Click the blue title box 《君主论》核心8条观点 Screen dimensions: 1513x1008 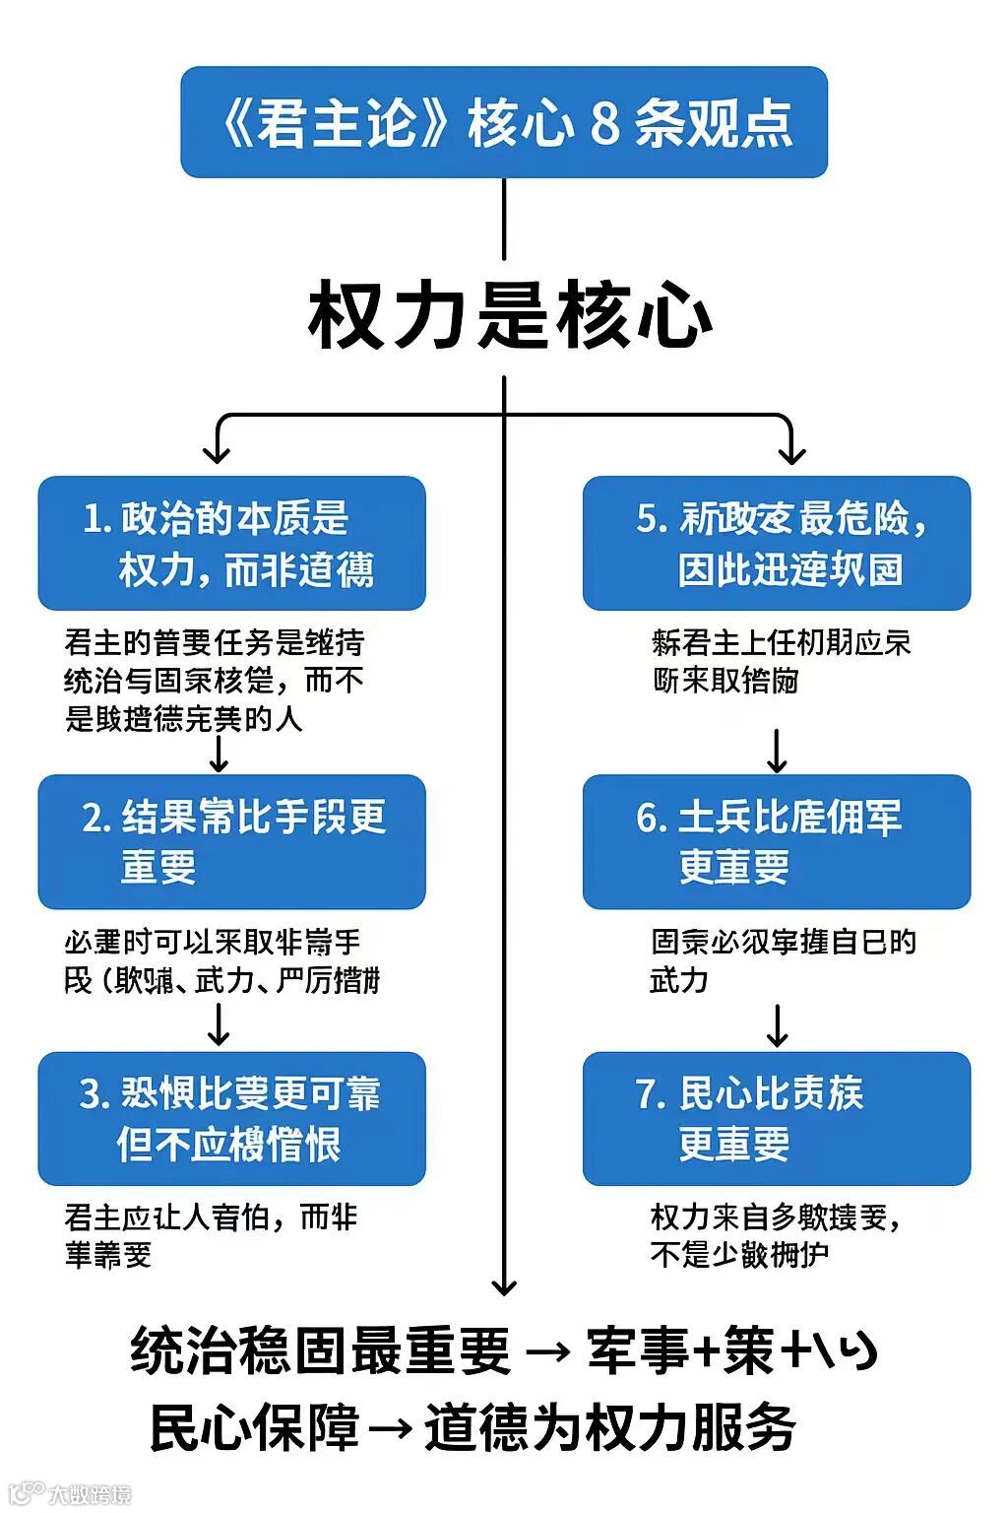click(503, 122)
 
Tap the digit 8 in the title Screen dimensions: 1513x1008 click(603, 124)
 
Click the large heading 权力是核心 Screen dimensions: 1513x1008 click(510, 316)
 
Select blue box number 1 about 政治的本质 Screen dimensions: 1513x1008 click(231, 544)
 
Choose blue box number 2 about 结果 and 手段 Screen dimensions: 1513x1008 click(231, 842)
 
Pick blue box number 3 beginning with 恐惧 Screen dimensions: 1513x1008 click(231, 1119)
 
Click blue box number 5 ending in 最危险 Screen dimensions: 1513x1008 click(777, 544)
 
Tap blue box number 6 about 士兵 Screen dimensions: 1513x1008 click(777, 842)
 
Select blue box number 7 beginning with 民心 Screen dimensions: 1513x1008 click(777, 1119)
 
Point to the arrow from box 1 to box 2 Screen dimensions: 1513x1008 click(219, 754)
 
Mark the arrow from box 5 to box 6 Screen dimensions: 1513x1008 click(777, 751)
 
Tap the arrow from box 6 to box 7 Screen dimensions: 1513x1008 click(777, 1026)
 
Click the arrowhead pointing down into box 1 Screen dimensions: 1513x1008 click(217, 454)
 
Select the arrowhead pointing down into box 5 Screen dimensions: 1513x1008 click(791, 454)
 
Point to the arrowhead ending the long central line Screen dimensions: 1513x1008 click(504, 1284)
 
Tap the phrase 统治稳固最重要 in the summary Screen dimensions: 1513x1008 click(321, 1350)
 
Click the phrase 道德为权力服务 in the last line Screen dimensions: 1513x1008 click(609, 1427)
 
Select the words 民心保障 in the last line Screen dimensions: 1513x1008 click(254, 1427)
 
